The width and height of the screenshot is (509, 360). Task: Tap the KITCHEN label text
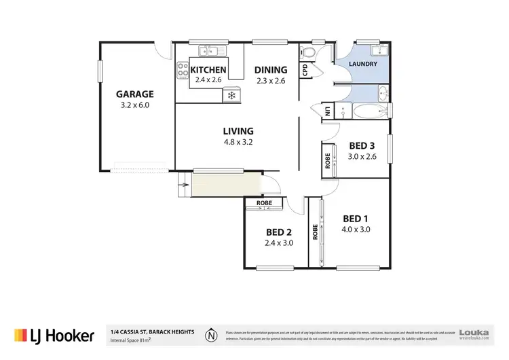click(207, 69)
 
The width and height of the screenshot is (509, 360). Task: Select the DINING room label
click(271, 69)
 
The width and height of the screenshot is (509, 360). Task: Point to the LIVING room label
click(238, 131)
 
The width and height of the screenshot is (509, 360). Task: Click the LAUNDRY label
click(362, 65)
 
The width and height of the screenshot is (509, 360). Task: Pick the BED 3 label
click(362, 145)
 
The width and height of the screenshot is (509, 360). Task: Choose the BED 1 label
click(356, 218)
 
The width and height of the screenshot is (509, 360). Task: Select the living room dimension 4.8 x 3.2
click(238, 142)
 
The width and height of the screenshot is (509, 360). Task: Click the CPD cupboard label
click(305, 69)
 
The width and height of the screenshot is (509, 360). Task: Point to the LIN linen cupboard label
click(327, 111)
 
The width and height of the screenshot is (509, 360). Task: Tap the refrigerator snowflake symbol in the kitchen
click(231, 95)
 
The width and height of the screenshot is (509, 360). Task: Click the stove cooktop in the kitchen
click(182, 69)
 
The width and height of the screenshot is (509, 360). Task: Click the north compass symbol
click(212, 334)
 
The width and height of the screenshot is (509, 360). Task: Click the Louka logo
click(474, 334)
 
